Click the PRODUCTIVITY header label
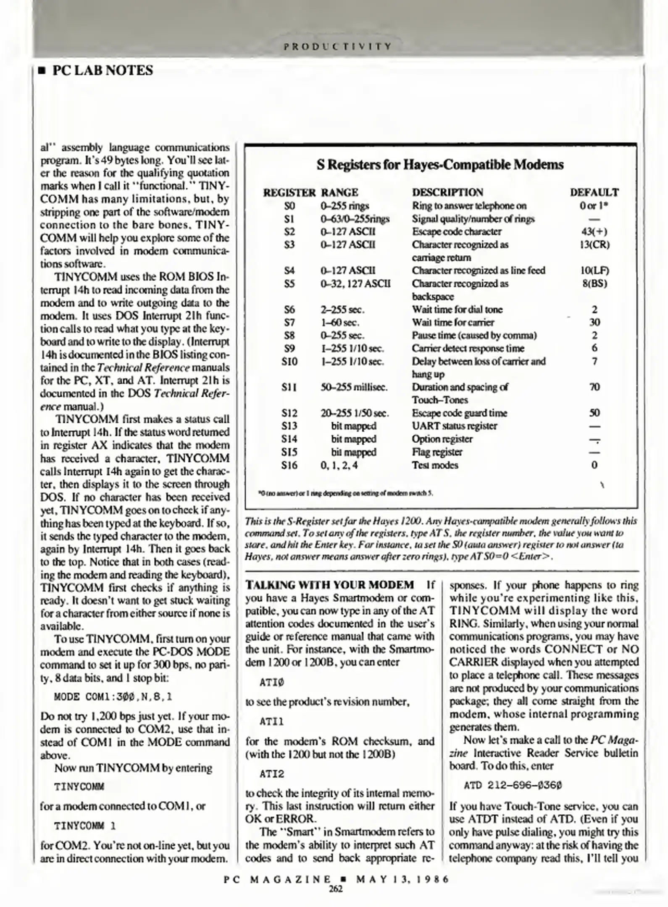click(338, 46)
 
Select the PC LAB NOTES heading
click(102, 71)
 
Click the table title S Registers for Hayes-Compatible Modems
click(440, 164)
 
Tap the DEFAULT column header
click(594, 192)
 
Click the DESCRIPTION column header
click(447, 192)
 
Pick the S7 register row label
click(289, 322)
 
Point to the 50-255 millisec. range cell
click(354, 387)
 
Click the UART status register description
click(454, 426)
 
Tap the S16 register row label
click(289, 465)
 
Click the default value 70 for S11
click(594, 387)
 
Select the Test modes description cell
click(435, 465)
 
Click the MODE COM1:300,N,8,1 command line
click(113, 697)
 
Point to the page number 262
click(336, 889)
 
